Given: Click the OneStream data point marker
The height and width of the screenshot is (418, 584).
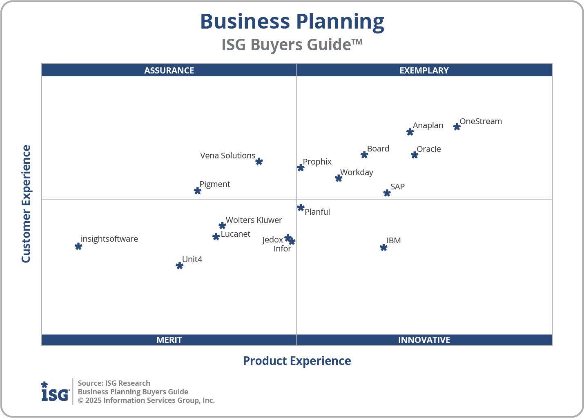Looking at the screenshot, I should click(x=457, y=127).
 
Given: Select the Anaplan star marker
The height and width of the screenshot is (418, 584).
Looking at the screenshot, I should click(x=410, y=132).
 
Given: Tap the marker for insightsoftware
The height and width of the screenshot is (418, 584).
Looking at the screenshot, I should click(x=78, y=246).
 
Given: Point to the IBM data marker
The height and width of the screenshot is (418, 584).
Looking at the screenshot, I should click(x=383, y=247).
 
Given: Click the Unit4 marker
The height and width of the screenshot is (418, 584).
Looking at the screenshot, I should click(x=180, y=266).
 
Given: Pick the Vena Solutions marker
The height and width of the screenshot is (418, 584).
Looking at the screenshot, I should click(x=259, y=162).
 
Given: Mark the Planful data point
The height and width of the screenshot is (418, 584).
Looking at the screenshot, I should click(x=301, y=207).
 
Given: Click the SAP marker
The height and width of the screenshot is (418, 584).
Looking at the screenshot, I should click(x=387, y=193).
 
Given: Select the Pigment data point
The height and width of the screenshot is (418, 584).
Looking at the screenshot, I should click(x=198, y=191).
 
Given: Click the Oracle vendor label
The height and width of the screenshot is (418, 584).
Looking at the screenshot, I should click(x=428, y=149).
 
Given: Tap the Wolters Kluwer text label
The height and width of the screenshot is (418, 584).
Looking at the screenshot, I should click(x=254, y=220).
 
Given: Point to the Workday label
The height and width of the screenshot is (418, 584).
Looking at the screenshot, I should click(x=357, y=172).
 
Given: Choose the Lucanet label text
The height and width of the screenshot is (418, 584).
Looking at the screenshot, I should click(x=235, y=234).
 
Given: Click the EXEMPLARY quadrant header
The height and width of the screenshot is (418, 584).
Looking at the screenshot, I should click(x=424, y=70).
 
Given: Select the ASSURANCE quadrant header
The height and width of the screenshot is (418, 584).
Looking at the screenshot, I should click(x=169, y=70).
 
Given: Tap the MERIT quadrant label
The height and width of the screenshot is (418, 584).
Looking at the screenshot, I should click(x=169, y=340).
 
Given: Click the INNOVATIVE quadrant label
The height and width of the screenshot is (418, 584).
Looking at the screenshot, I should click(x=424, y=340).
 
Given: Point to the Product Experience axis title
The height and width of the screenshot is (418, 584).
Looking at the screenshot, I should click(x=297, y=361).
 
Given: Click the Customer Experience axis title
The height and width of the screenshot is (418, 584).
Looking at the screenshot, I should click(x=26, y=204).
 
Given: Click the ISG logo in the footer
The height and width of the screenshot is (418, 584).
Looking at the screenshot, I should click(x=55, y=392).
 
